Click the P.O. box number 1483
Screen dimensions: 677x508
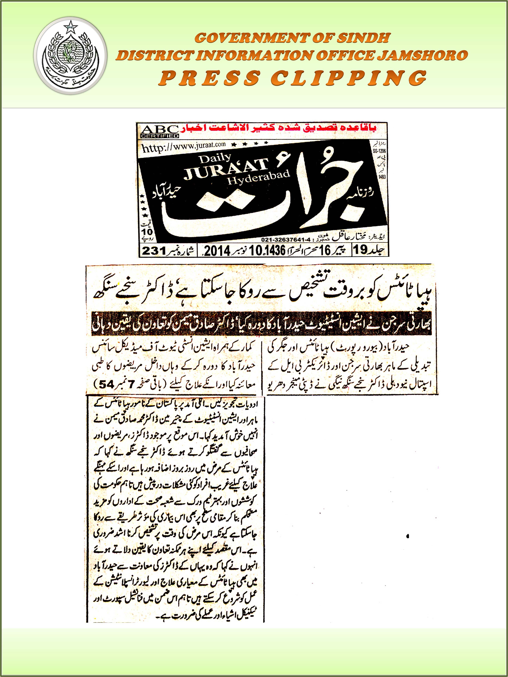pos(382,177)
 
